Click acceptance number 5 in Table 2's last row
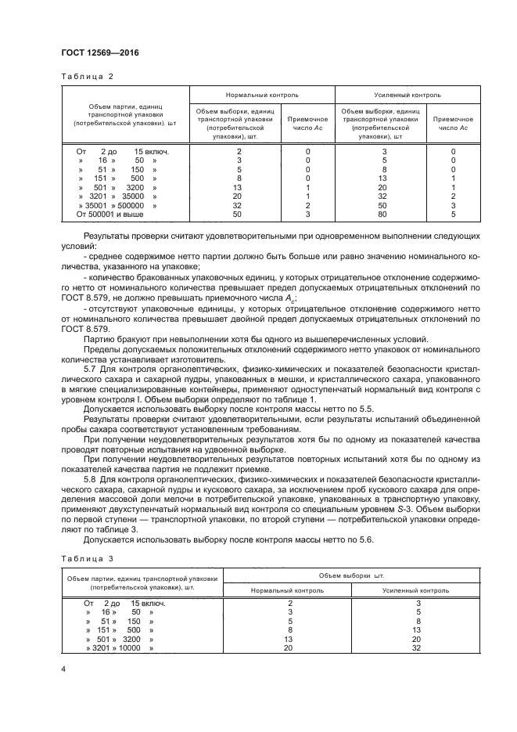[x=453, y=213]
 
